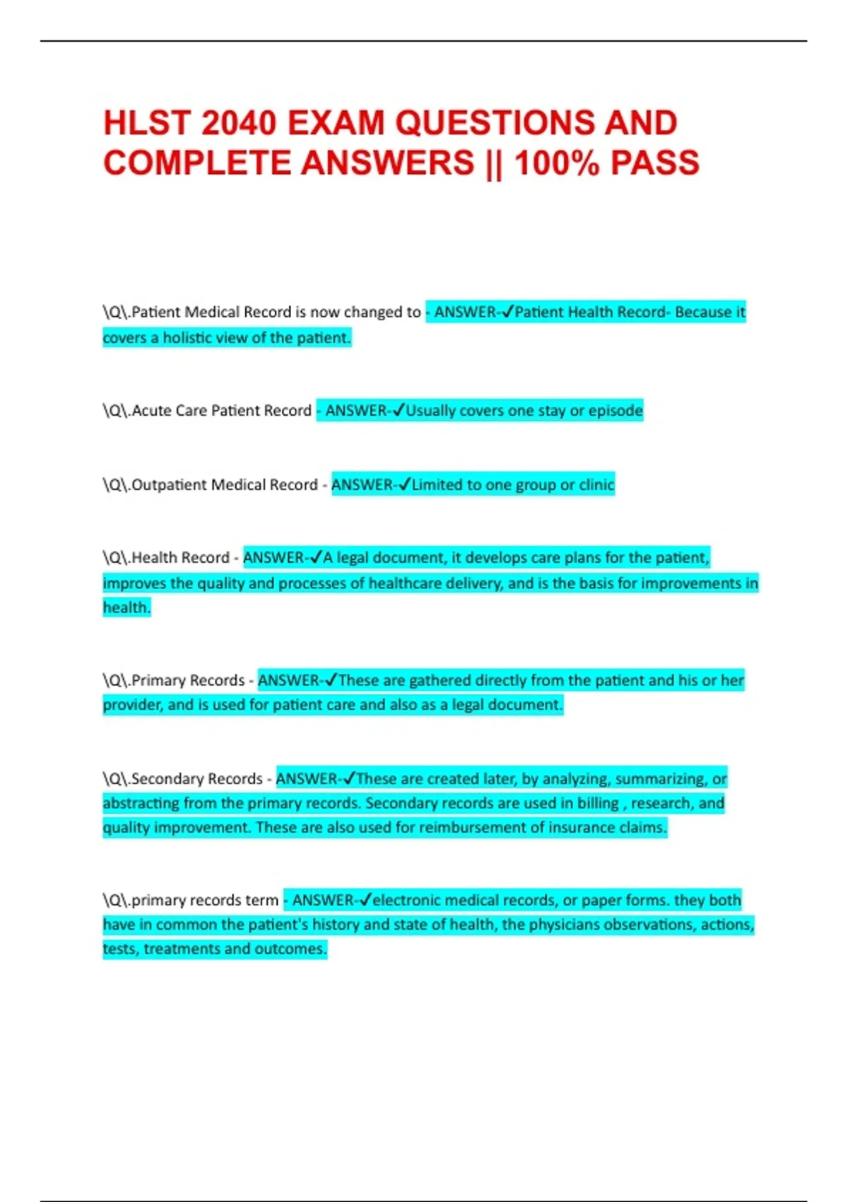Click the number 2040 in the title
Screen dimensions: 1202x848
click(x=238, y=124)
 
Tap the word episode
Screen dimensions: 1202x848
click(x=616, y=411)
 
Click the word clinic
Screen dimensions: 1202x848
click(x=596, y=485)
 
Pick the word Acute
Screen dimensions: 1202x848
click(x=151, y=411)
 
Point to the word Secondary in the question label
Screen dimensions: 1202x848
click(x=163, y=779)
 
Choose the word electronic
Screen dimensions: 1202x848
click(x=408, y=901)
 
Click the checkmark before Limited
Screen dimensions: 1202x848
click(x=404, y=485)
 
